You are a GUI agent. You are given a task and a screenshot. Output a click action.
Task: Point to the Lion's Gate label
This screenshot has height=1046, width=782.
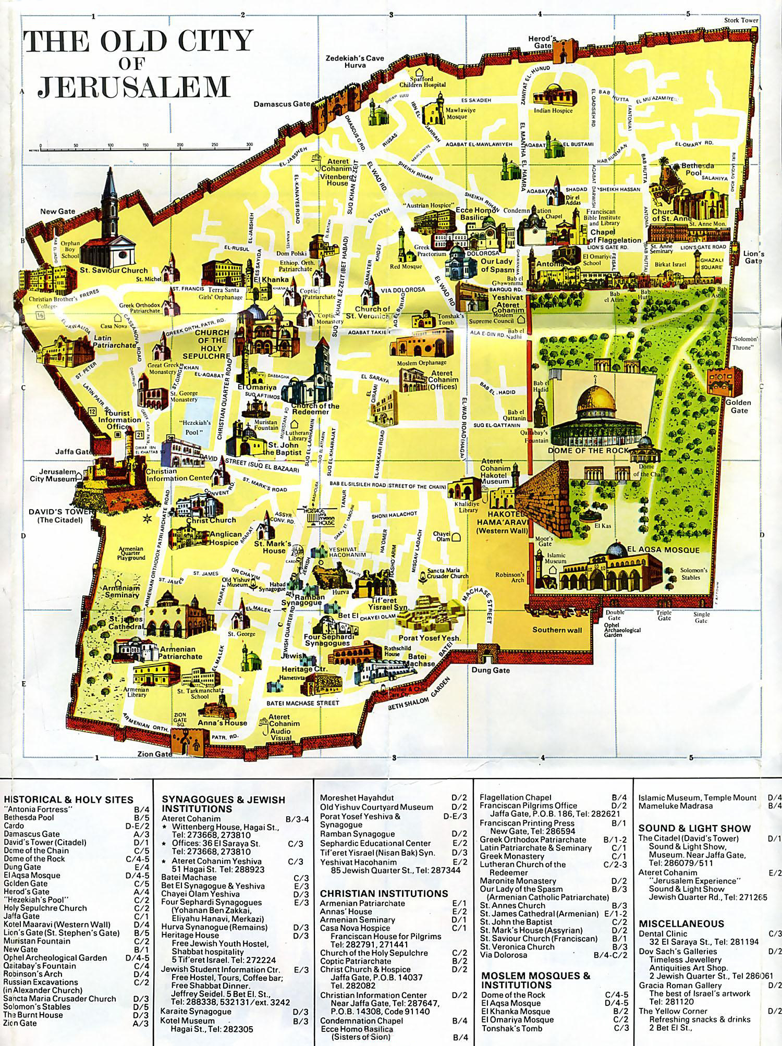[754, 257]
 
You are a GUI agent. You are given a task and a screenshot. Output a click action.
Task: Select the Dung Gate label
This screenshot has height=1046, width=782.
[490, 670]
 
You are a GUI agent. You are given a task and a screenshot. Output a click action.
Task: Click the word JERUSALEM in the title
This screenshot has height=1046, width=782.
[133, 86]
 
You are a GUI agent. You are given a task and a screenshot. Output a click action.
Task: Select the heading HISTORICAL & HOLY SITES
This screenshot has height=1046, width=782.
[68, 799]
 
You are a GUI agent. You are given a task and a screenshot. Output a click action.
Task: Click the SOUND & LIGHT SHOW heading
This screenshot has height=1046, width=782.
[694, 828]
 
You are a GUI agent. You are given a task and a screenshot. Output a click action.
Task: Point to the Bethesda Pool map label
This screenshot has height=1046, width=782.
[698, 169]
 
